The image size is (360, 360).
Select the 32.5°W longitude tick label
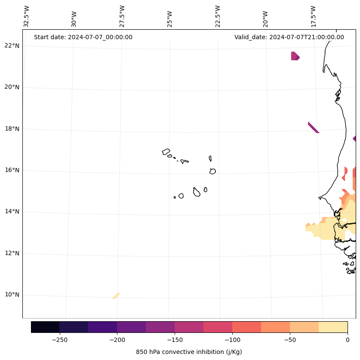[x=27, y=16]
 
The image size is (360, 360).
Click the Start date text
[x=83, y=37]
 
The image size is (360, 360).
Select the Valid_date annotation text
[x=289, y=37]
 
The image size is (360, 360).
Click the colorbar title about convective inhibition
[x=189, y=352]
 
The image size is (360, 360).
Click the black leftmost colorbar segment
[x=45, y=327]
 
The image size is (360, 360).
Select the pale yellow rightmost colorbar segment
[x=333, y=327]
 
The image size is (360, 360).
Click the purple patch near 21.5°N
[x=295, y=56]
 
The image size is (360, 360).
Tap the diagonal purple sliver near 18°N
[x=313, y=127]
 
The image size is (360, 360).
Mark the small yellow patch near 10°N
[x=116, y=296]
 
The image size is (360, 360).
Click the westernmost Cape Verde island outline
[x=166, y=152]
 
